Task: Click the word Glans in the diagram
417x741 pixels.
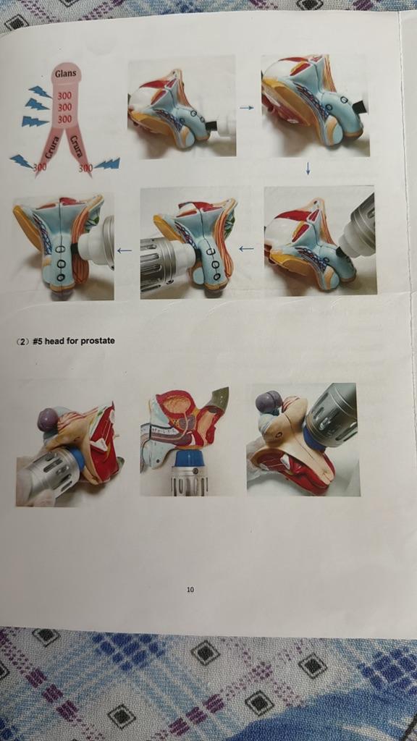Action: [65, 74]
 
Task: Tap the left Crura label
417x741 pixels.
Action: [52, 148]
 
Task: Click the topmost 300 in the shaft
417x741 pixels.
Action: [64, 96]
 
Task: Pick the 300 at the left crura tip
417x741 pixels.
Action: [41, 167]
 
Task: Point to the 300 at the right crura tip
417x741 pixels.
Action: [85, 168]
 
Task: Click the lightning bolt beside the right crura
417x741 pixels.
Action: [107, 164]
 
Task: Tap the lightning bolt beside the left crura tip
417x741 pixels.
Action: [21, 161]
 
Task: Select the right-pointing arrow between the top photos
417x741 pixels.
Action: [247, 108]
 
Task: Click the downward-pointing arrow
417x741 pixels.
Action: [308, 169]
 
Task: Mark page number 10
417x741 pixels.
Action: [190, 589]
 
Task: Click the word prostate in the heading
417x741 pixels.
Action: [98, 340]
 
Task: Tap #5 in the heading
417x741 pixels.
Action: [38, 340]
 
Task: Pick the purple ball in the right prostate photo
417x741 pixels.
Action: [269, 402]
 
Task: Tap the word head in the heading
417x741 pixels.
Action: [54, 340]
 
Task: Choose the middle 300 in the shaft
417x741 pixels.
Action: [64, 107]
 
